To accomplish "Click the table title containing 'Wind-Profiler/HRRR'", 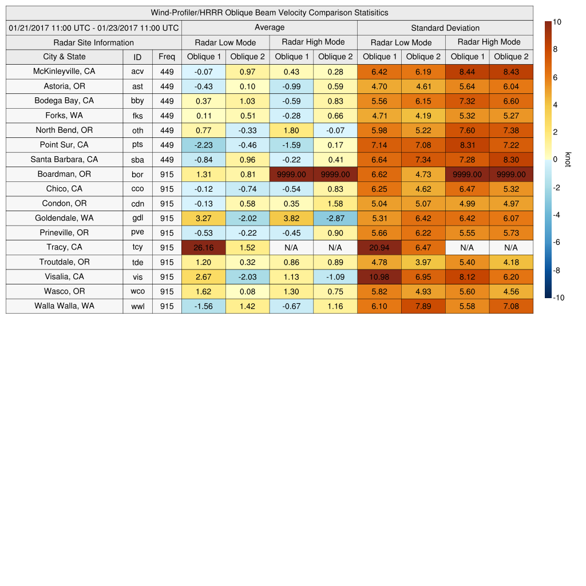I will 270,13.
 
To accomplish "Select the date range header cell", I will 94,27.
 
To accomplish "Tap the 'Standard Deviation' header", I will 445,28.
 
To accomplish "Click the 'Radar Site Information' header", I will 94,42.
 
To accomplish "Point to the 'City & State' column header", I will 64,57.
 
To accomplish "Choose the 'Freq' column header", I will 167,57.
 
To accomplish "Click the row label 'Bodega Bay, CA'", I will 64,101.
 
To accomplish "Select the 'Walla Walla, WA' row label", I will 64,306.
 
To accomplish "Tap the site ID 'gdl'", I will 137,218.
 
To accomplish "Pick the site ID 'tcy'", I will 137,247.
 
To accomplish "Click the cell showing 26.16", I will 204,247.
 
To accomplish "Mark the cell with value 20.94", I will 379,247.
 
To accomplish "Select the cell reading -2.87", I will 335,218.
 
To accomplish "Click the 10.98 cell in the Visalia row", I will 379,276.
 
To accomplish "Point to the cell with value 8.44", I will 468,72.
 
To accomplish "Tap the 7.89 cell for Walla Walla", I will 423,306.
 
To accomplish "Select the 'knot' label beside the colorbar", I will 568,160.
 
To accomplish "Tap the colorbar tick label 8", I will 555,50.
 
